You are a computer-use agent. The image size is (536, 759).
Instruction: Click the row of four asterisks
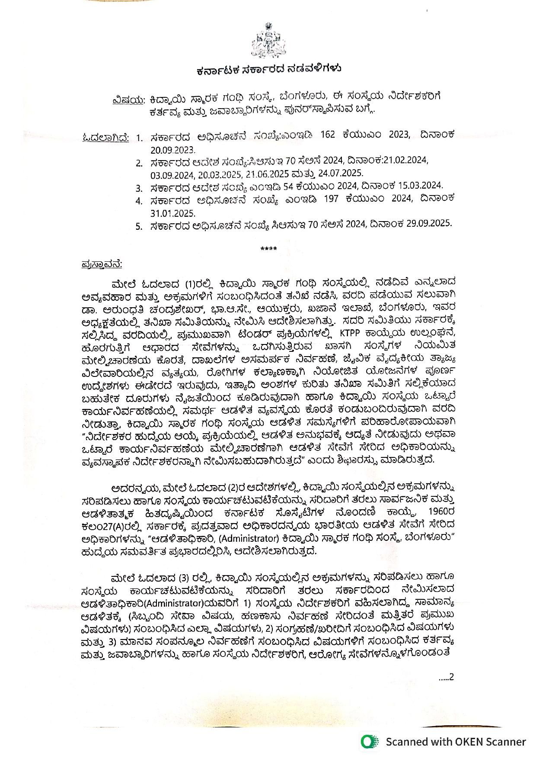coord(268,249)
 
